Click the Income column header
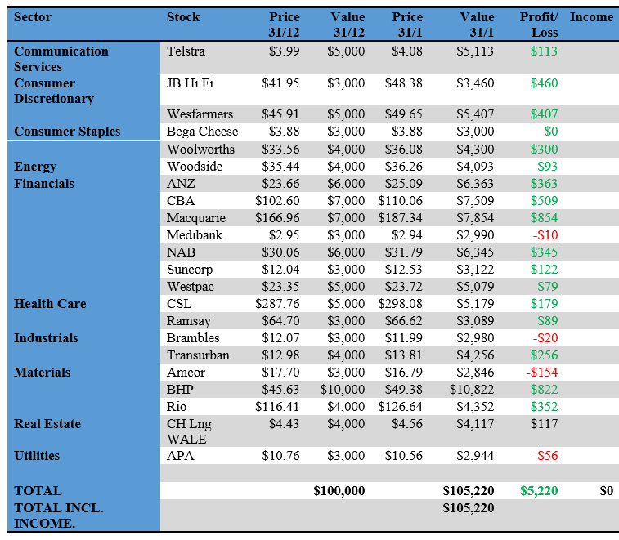click(591, 17)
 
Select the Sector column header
click(34, 17)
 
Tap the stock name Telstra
click(186, 51)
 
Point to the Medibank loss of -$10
click(545, 235)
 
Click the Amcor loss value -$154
click(541, 373)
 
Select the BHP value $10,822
click(472, 390)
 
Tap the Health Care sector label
click(50, 304)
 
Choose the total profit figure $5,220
click(539, 491)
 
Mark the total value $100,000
click(339, 491)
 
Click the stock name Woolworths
click(200, 150)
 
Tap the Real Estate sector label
click(47, 424)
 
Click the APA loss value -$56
click(545, 456)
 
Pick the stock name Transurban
click(198, 355)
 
